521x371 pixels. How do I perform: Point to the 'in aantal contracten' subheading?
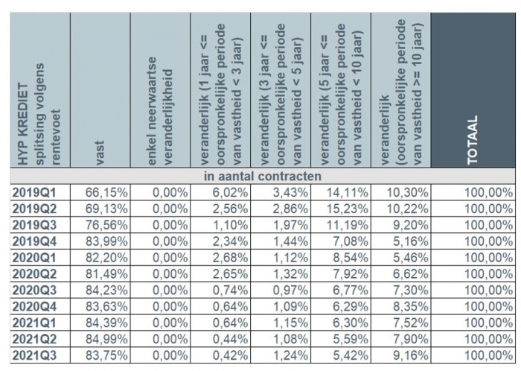260,176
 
